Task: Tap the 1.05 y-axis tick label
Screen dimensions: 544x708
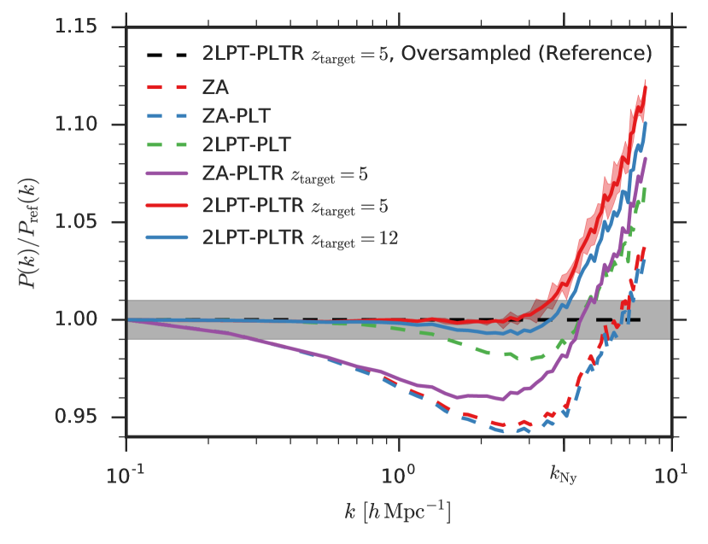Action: [x=86, y=223]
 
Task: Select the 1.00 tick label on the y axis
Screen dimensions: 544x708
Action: [x=86, y=320]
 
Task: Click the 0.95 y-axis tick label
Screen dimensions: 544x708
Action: [x=86, y=418]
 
